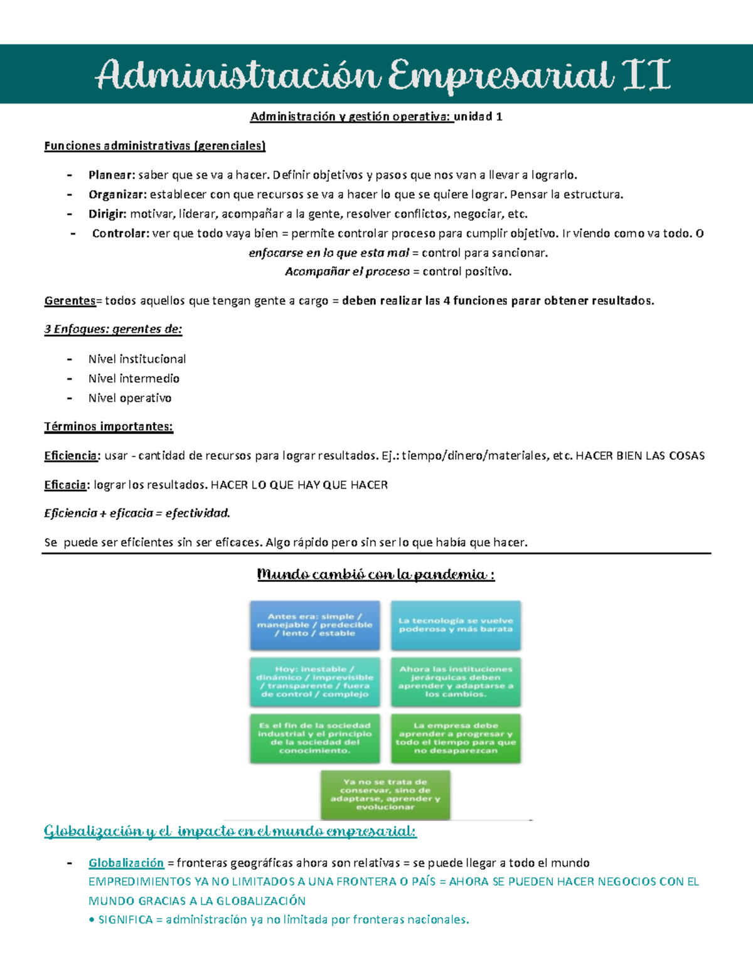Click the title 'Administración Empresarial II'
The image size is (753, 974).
coord(383,75)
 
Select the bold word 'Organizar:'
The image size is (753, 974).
coord(117,194)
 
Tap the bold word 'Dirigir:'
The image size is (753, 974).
coord(107,214)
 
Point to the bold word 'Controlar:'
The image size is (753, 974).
coord(120,233)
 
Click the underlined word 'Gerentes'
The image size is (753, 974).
coord(70,301)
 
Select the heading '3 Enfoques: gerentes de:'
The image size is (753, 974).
coord(113,329)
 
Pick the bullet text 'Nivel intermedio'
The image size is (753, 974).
coord(134,379)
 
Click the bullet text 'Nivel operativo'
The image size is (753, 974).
coord(130,398)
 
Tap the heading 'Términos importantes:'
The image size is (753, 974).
coord(109,427)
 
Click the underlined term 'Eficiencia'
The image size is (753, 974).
coord(71,456)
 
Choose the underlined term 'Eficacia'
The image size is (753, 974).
coord(65,485)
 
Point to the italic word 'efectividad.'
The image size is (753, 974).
coord(198,514)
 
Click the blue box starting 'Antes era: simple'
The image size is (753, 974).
coord(315,625)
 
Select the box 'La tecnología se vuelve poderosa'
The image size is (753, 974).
coord(456,625)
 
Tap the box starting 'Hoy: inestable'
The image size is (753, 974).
coord(315,682)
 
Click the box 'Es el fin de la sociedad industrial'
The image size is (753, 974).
coord(315,738)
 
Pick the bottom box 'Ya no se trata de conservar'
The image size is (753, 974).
coord(385,795)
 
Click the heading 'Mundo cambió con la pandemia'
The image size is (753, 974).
coord(376,574)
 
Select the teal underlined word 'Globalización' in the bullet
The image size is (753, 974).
coord(126,864)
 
